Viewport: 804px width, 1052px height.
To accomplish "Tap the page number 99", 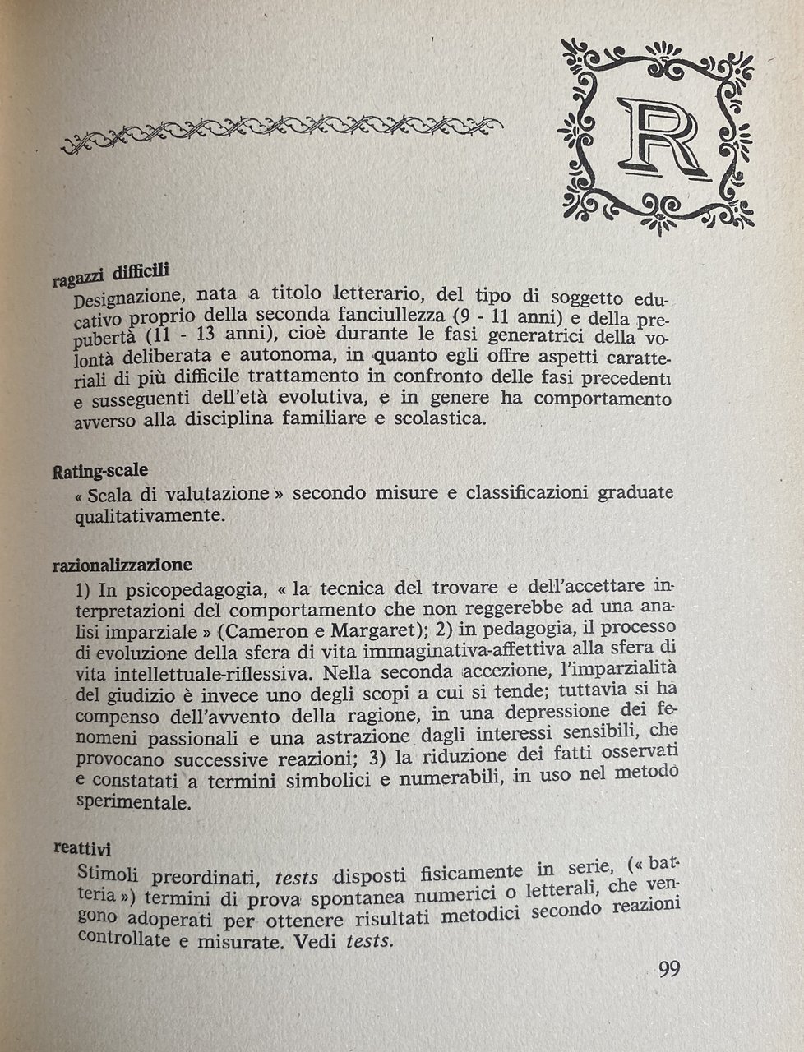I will point(668,968).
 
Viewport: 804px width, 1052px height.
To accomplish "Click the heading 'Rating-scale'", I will point(99,472).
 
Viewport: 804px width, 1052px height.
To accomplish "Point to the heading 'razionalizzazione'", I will point(122,565).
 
